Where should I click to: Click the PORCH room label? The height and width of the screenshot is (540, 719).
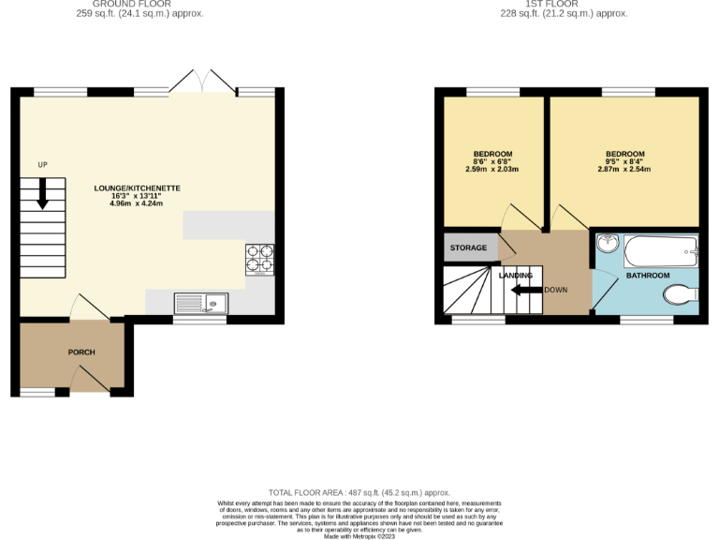[x=81, y=352]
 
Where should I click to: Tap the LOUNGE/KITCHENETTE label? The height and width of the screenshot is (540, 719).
[x=137, y=187]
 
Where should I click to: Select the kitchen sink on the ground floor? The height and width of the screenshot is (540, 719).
[x=200, y=303]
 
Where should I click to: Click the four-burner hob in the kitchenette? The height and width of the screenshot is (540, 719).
[x=259, y=258]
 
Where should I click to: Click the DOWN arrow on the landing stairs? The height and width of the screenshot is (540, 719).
[x=527, y=290]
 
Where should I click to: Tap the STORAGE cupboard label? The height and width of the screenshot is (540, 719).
[x=468, y=247]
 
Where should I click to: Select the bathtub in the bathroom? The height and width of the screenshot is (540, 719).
[x=661, y=249]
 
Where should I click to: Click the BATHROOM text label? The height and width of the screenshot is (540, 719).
[x=648, y=276]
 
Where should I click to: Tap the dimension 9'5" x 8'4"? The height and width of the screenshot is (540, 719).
[x=624, y=161]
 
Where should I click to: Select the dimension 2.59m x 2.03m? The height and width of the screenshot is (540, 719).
[x=492, y=170]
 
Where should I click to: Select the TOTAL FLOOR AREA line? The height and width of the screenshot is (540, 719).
[x=359, y=492]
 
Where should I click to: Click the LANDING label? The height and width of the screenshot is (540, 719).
[x=516, y=275]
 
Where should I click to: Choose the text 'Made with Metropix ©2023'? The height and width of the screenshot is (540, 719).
[x=359, y=536]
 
